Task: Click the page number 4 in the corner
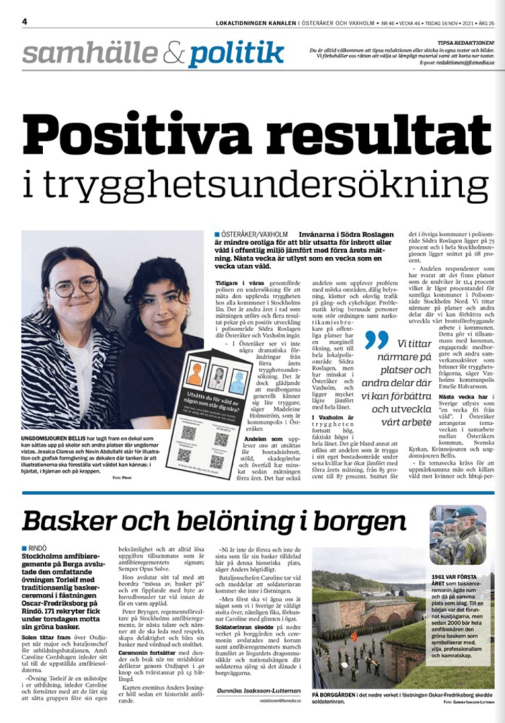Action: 25,22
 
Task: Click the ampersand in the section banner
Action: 171,52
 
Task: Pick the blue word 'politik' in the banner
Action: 236,54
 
